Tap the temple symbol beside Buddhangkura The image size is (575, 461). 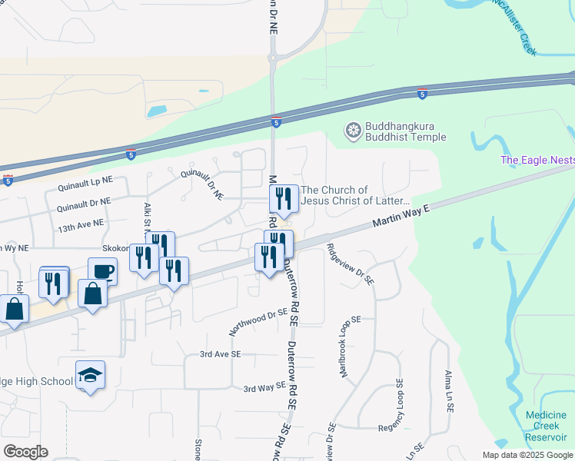click(x=353, y=131)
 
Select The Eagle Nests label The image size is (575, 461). click(x=537, y=160)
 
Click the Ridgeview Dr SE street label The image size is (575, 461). click(x=350, y=265)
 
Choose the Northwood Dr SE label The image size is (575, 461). click(x=258, y=322)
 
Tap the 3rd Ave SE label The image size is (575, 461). click(x=221, y=354)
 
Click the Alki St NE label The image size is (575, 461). click(x=146, y=217)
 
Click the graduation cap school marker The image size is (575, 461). click(x=90, y=375)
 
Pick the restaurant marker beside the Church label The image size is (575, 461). click(x=284, y=199)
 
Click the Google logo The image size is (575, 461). click(x=25, y=452)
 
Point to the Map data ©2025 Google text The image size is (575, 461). click(x=527, y=454)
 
